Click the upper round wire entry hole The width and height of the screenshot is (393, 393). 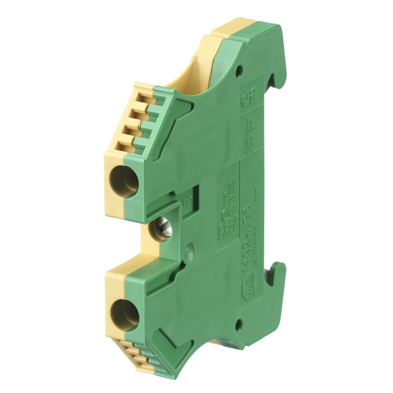coord(124,181)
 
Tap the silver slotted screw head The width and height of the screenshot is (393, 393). coord(164,226)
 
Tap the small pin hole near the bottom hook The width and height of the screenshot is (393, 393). coord(239,325)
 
